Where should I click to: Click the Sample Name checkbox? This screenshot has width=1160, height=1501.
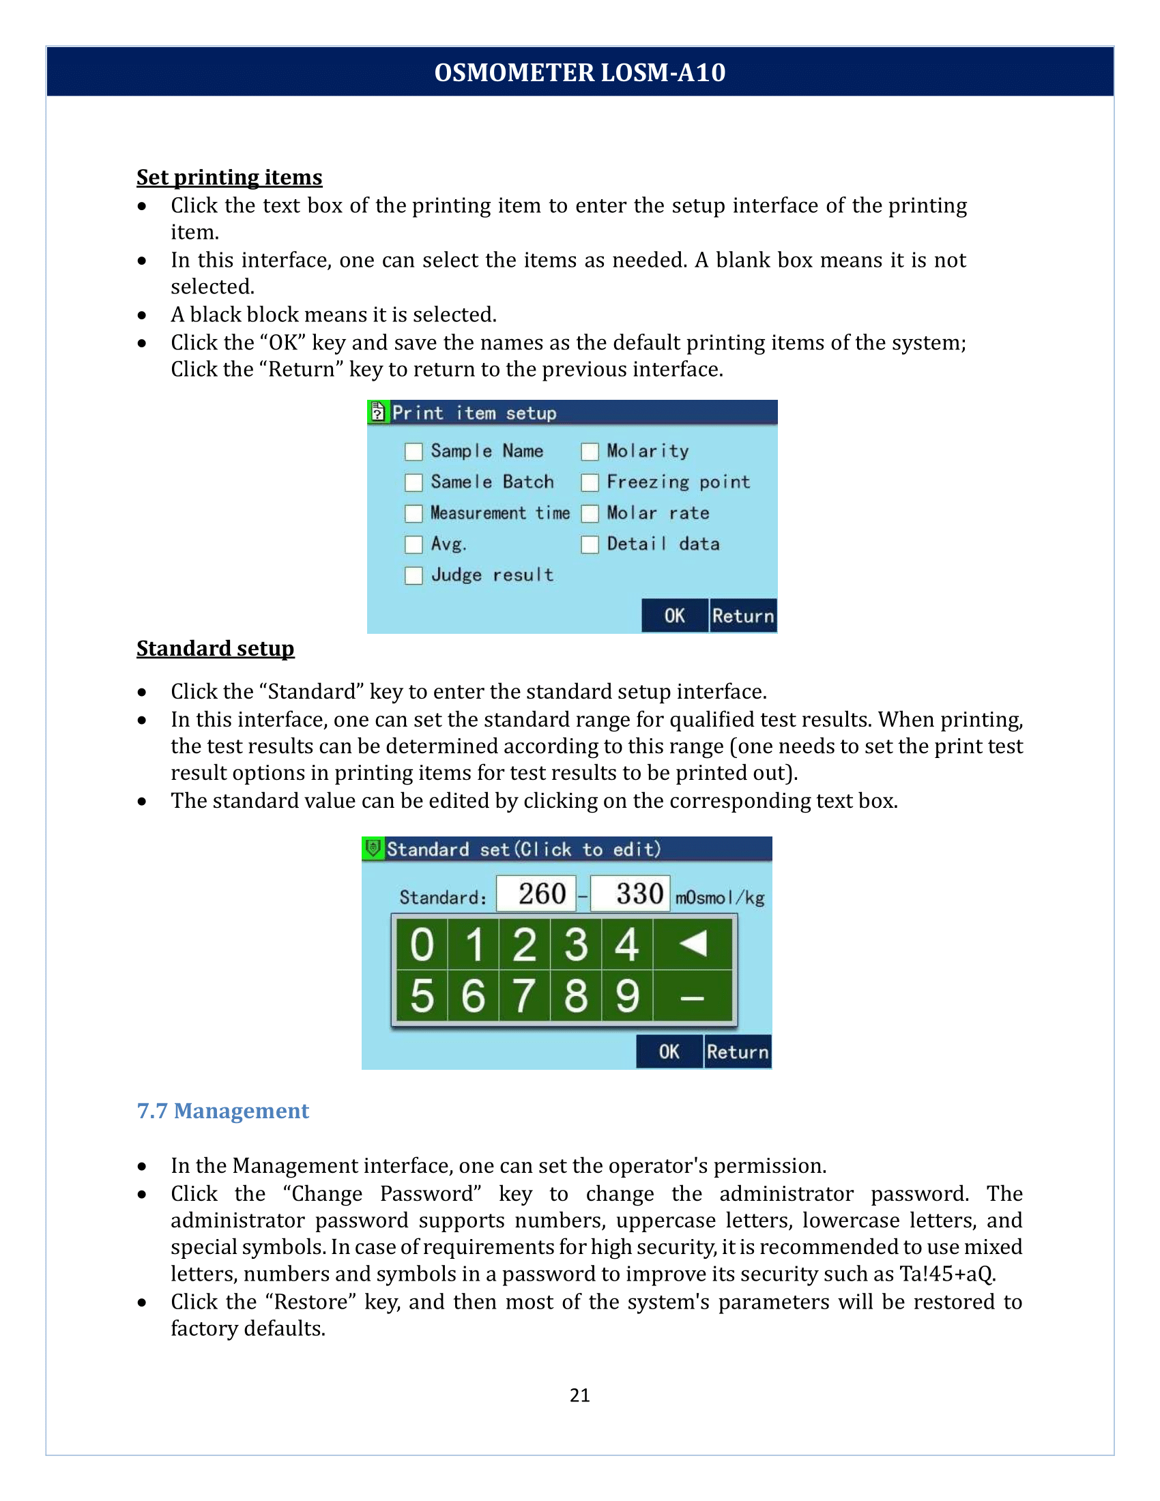(x=414, y=452)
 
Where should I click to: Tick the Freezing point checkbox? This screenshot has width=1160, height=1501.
(x=590, y=482)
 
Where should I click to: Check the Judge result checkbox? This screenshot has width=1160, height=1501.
(x=414, y=575)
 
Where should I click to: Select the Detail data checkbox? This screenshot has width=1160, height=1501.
(x=590, y=544)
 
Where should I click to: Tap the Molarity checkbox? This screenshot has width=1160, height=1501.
(x=590, y=452)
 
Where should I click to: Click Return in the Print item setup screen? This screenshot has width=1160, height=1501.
(x=743, y=616)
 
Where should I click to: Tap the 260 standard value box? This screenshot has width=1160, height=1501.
(x=536, y=894)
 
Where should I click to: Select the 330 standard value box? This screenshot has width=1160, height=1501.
(x=630, y=894)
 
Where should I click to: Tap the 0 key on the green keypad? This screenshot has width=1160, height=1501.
(x=422, y=944)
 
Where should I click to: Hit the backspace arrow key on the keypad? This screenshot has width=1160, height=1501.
(x=693, y=944)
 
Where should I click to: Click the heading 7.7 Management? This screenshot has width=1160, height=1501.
(x=222, y=1111)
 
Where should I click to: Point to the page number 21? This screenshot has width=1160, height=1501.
(x=579, y=1395)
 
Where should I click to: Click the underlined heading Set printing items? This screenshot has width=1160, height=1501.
(x=229, y=177)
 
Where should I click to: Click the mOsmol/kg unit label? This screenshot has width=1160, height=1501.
(x=719, y=898)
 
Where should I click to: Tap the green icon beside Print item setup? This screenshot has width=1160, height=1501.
(x=378, y=411)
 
